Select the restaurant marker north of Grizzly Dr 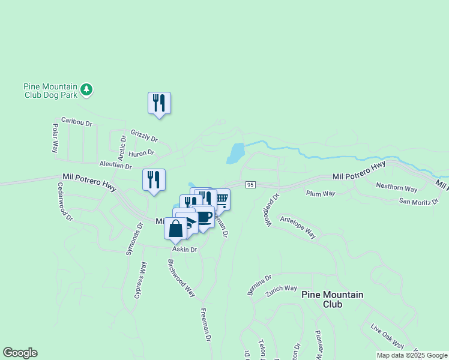(x=159, y=103)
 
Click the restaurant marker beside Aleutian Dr (x=154, y=180)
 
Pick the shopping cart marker (x=221, y=199)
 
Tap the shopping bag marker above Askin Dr (x=175, y=229)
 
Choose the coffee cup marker (x=204, y=217)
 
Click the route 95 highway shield (x=251, y=184)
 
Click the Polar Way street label (x=55, y=138)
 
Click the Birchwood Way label (x=181, y=278)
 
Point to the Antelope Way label (x=298, y=225)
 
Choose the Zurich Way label (x=282, y=289)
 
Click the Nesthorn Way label (x=396, y=188)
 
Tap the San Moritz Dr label (x=419, y=201)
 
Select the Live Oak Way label (x=387, y=336)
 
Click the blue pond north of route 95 (x=235, y=154)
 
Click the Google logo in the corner (x=20, y=353)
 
